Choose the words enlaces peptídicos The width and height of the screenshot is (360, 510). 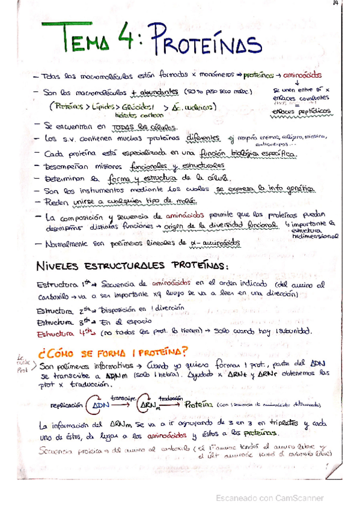(301, 112)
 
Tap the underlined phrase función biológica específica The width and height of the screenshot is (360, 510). (252, 153)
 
